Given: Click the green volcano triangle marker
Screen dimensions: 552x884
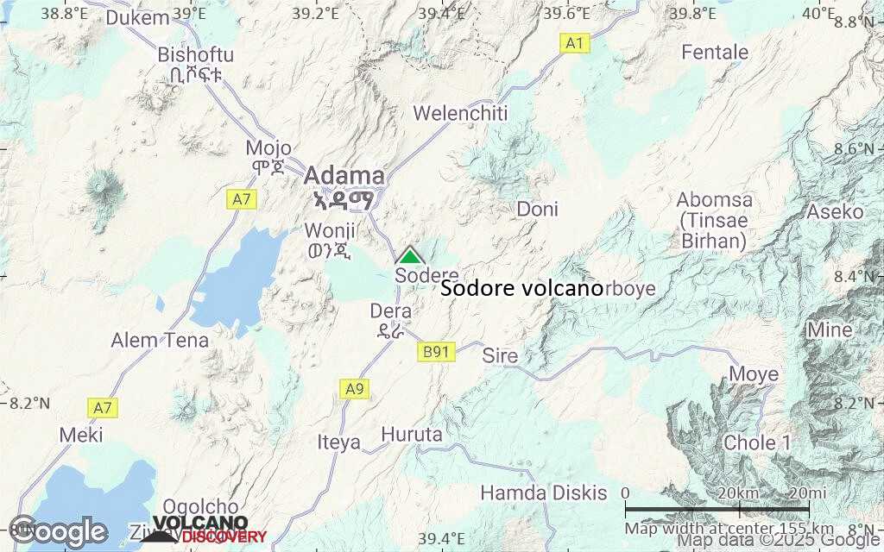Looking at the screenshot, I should tap(409, 256).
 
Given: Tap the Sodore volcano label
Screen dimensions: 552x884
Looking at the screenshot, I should tap(521, 289).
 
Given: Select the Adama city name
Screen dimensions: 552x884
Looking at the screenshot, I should tap(344, 174).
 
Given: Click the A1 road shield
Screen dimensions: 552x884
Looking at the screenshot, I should tap(575, 43).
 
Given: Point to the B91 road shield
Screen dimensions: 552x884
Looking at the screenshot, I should tap(437, 352).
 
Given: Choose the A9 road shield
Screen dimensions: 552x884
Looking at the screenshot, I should tap(355, 389).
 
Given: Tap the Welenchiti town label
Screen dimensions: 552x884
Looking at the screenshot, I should tap(461, 113).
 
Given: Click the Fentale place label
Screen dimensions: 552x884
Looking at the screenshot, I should tap(715, 52).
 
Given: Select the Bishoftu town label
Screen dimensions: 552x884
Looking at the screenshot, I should tap(195, 54).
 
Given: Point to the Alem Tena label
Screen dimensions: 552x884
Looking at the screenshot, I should tap(160, 340).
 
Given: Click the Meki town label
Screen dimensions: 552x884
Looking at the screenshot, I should tap(81, 435).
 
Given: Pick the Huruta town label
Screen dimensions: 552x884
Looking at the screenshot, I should tap(412, 435).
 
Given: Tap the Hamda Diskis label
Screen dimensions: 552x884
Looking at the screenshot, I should tap(544, 493).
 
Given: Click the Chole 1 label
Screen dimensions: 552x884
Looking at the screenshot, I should tap(757, 442).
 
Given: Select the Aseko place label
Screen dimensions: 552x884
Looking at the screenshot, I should tap(835, 211).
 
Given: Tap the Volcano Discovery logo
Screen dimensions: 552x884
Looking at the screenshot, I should tap(207, 530).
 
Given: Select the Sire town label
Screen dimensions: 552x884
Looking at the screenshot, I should tap(500, 355).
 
